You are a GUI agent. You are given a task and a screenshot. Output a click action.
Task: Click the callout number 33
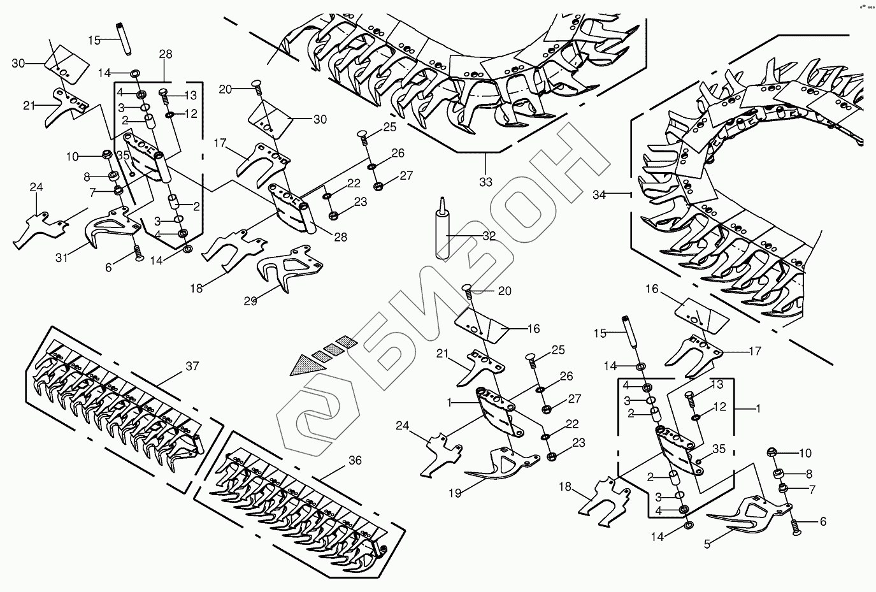(x=486, y=182)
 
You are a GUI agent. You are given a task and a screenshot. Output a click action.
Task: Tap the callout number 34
(x=599, y=195)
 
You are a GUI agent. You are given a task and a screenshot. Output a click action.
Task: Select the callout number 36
(x=355, y=460)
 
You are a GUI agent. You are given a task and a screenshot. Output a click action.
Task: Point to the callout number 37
(x=192, y=366)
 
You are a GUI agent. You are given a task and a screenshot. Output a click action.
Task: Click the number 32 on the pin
(x=489, y=236)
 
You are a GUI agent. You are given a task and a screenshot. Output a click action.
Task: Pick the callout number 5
(x=707, y=544)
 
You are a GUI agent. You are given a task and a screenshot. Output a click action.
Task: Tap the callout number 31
(x=61, y=257)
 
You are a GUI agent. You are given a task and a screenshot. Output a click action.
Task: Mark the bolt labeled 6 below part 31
(x=136, y=255)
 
